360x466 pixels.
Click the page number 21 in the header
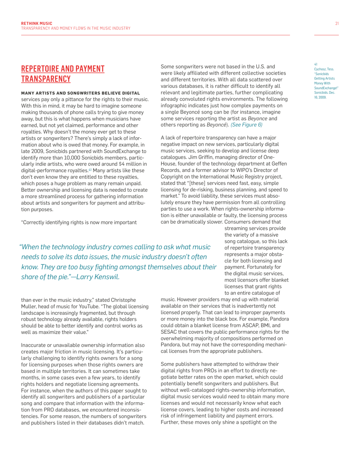[337, 23]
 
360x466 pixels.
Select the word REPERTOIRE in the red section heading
[43, 69]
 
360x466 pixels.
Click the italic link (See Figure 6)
[247, 125]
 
